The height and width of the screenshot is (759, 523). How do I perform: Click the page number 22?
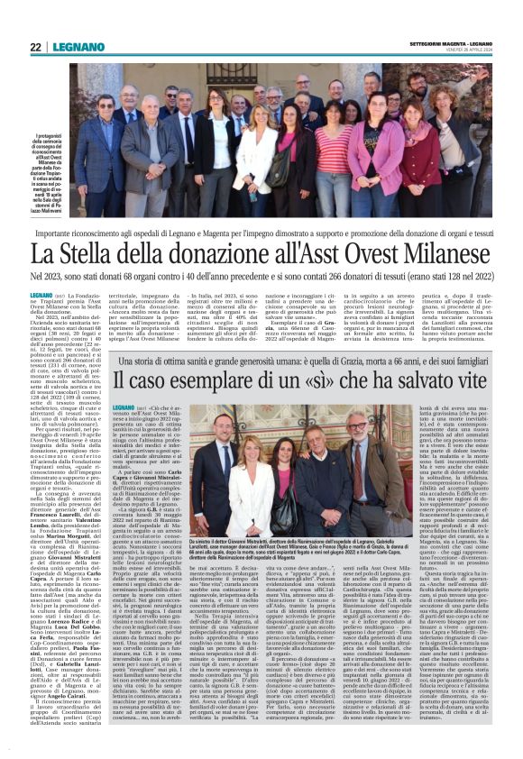tap(36, 47)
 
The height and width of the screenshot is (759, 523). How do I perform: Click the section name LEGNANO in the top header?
tap(78, 47)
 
